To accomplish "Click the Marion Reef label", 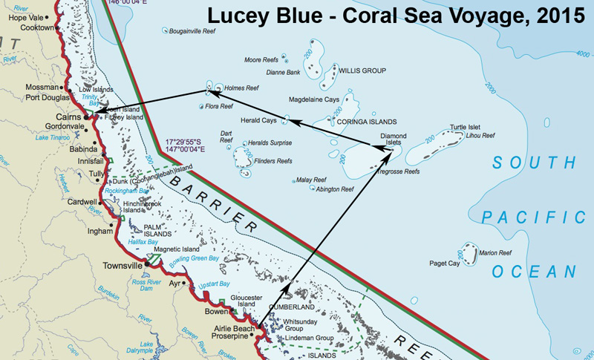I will click(495, 252).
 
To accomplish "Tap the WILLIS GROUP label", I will click(363, 71).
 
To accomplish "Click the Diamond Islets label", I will click(393, 140).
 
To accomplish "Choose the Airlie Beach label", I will click(233, 327).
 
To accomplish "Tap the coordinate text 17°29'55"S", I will click(192, 139).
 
